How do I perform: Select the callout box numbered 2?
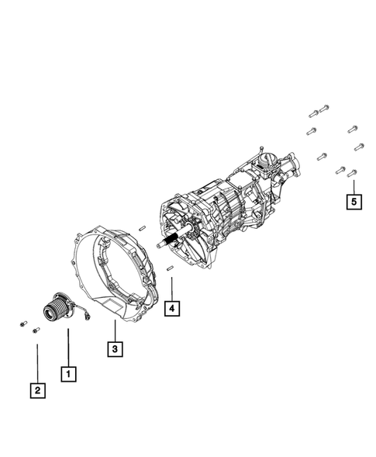(36, 390)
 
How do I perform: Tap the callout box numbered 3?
(114, 349)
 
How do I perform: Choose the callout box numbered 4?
(171, 309)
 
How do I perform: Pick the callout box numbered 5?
(354, 203)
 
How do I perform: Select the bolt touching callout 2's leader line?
(36, 331)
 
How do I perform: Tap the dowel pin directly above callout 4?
(169, 268)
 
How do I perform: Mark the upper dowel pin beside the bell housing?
(143, 227)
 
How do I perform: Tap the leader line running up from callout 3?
(114, 329)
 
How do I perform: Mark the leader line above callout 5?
(354, 186)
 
